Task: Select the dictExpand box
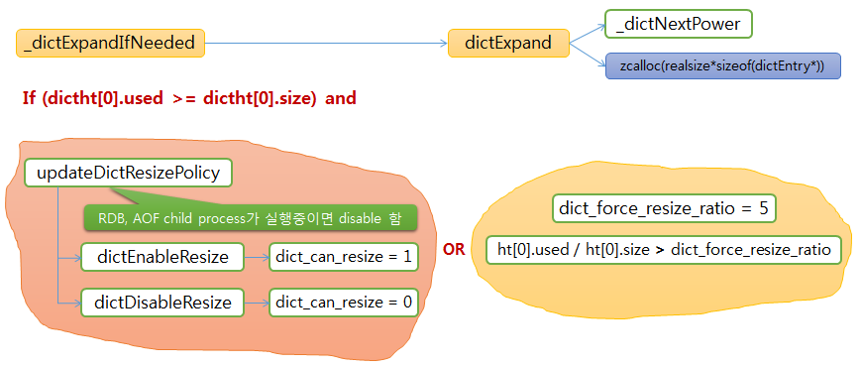pos(507,43)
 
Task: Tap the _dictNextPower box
pos(678,22)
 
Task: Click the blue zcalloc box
pos(722,66)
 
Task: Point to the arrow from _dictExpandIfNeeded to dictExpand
pos(327,43)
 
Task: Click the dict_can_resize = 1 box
pos(343,258)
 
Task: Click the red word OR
pos(454,250)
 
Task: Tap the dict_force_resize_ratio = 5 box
pos(664,208)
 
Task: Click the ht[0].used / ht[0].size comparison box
pos(664,249)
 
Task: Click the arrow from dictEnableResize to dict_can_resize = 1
pos(256,258)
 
